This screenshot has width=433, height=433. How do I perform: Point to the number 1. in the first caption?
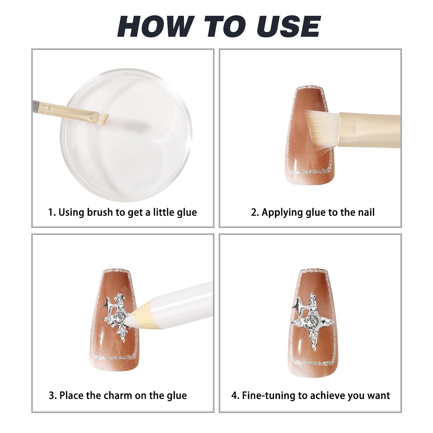click(52, 212)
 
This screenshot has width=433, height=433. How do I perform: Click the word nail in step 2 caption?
click(366, 212)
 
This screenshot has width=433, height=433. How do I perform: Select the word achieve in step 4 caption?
click(327, 395)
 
